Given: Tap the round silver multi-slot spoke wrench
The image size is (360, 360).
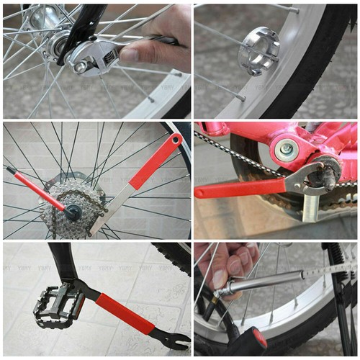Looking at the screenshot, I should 259,50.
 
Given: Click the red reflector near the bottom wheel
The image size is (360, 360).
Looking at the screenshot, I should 258,338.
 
